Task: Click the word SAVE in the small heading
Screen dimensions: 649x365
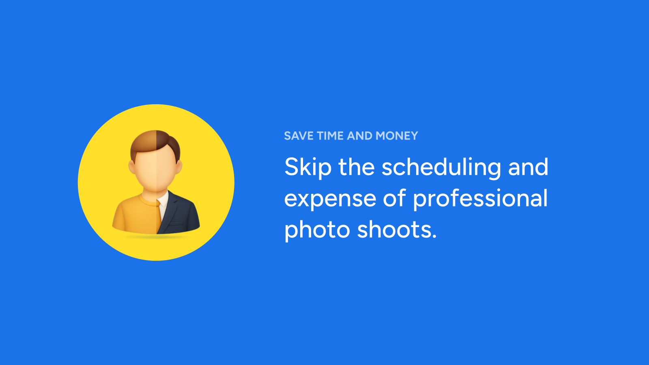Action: pos(299,136)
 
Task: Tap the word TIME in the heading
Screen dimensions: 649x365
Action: pos(330,136)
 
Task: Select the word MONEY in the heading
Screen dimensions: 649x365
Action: pos(397,136)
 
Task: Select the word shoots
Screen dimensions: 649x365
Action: pos(394,229)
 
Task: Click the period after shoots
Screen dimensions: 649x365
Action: pos(434,236)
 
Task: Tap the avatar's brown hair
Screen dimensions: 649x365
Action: pos(155,144)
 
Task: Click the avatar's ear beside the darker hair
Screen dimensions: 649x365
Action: pos(179,167)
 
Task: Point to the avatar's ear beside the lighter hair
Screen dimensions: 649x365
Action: pos(132,167)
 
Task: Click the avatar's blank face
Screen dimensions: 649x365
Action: pos(156,171)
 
